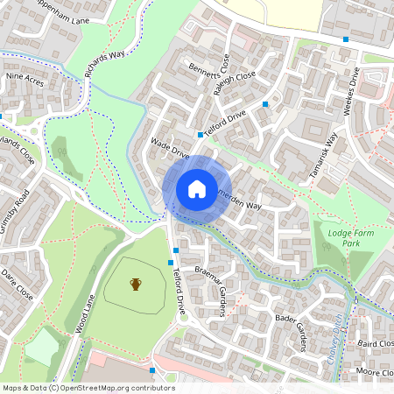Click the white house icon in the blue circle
197,188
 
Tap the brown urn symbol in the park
136,284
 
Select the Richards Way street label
104,62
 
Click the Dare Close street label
17,285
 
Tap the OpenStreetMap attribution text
88,388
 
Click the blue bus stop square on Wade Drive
201,135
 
